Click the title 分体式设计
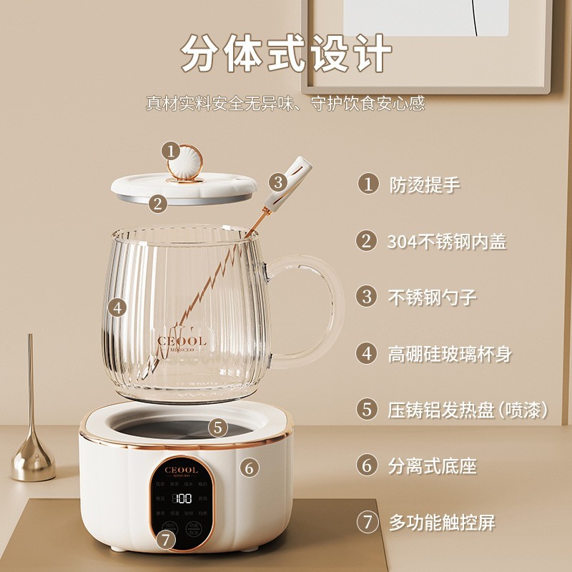tap(286, 54)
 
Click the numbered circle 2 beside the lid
tap(158, 202)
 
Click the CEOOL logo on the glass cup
tap(182, 341)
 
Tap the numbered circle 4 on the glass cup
tap(119, 308)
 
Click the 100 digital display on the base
tap(182, 498)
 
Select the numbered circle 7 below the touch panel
tap(167, 540)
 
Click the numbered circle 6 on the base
tap(248, 468)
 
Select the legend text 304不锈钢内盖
tap(447, 241)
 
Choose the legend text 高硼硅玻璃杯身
tap(450, 353)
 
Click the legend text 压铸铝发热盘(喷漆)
tap(468, 410)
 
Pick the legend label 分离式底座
tap(432, 466)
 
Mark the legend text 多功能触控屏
tap(442, 523)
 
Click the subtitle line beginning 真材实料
tap(286, 103)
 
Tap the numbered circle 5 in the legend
tap(368, 410)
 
